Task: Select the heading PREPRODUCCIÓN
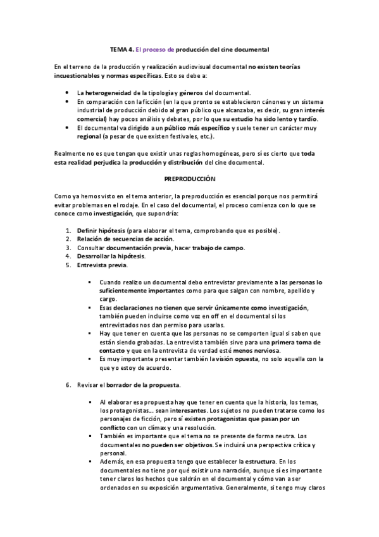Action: pyautogui.click(x=190, y=179)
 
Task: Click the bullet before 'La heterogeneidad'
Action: pyautogui.click(x=68, y=92)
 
